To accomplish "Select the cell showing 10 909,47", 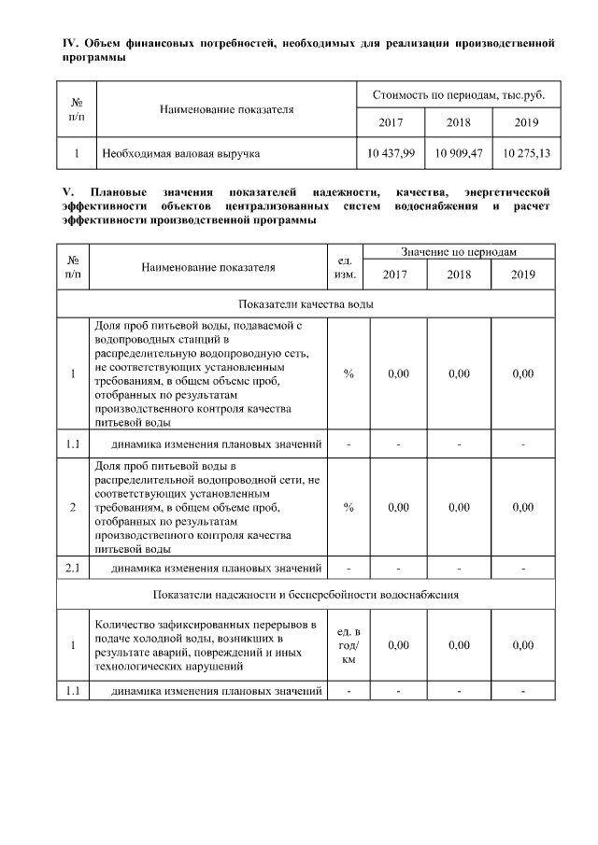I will click(x=459, y=152).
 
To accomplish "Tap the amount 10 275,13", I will click(x=528, y=152).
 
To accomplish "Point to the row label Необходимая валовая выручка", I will click(x=180, y=152).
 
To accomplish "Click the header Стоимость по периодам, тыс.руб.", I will click(x=459, y=96).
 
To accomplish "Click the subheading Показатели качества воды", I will click(x=307, y=303).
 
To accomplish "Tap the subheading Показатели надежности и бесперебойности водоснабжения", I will click(x=307, y=594).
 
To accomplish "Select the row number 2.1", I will click(x=74, y=567).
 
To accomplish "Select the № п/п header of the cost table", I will click(x=74, y=109).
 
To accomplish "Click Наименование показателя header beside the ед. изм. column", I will click(x=208, y=266).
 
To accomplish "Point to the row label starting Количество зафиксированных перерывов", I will click(x=207, y=645).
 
